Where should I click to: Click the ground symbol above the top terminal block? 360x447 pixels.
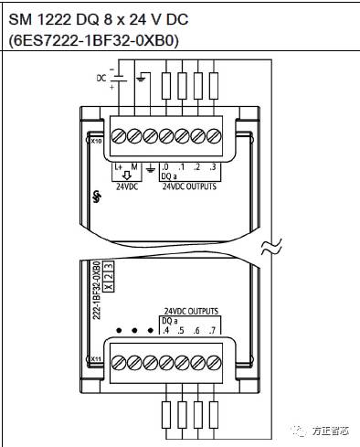(140, 80)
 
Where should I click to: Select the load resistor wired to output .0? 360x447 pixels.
(165, 85)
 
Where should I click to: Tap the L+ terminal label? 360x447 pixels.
(119, 167)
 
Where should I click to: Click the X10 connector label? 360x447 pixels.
(96, 143)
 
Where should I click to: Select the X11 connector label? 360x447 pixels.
(96, 359)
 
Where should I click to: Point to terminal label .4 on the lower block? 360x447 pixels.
(165, 331)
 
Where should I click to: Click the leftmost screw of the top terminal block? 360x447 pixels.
(119, 137)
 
